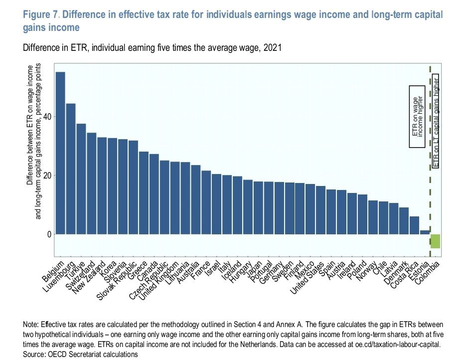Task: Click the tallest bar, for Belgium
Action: (x=60, y=153)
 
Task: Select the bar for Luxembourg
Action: (x=71, y=169)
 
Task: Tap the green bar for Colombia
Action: (x=435, y=241)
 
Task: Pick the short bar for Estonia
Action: (x=425, y=232)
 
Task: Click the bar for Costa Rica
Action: (x=414, y=225)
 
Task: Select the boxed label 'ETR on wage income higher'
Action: (x=417, y=117)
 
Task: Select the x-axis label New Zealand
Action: (x=89, y=279)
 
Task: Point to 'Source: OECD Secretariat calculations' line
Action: (x=80, y=354)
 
